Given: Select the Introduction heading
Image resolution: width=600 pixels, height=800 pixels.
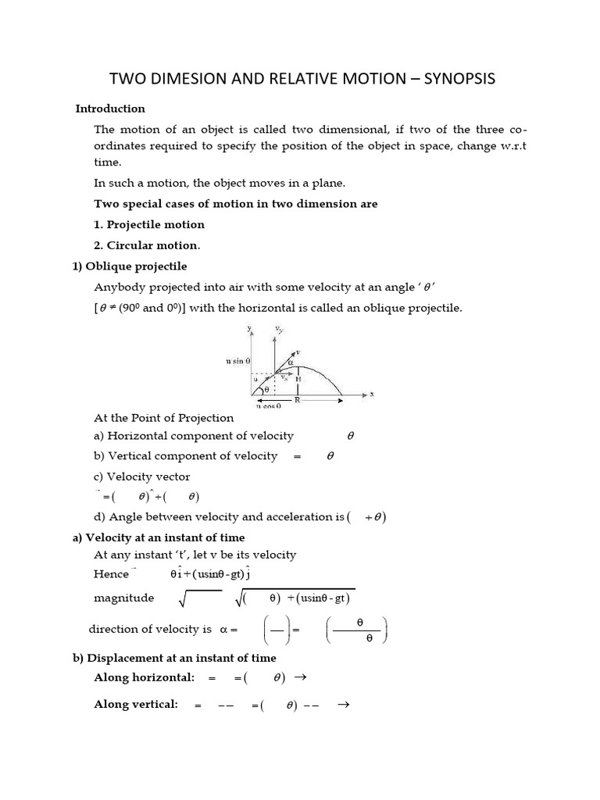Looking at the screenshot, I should pyautogui.click(x=110, y=109).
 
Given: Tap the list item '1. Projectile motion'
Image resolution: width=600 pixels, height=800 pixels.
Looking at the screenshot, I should pyautogui.click(x=149, y=224).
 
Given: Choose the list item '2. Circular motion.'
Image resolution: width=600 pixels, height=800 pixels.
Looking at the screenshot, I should pyautogui.click(x=147, y=245).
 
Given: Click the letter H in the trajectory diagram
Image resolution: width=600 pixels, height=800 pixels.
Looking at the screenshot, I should pyautogui.click(x=298, y=378).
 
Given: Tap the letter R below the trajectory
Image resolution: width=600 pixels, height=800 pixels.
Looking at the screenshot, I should pyautogui.click(x=297, y=399).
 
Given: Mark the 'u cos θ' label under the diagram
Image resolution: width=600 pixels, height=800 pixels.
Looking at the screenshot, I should pyautogui.click(x=267, y=406).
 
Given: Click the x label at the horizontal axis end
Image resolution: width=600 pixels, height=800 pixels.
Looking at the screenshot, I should pyautogui.click(x=371, y=395).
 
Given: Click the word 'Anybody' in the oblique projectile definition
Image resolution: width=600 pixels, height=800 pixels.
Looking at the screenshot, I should pyautogui.click(x=118, y=287).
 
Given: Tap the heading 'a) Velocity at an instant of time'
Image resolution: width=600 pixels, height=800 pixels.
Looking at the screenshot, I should pyautogui.click(x=159, y=537).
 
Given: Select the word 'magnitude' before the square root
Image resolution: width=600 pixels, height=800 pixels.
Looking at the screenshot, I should pyautogui.click(x=123, y=598).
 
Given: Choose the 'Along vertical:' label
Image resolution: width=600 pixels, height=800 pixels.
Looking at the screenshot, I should pyautogui.click(x=136, y=704).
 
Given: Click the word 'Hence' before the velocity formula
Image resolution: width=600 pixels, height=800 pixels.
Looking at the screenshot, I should pyautogui.click(x=111, y=573).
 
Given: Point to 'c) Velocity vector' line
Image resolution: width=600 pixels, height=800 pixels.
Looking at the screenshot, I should pyautogui.click(x=141, y=477).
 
